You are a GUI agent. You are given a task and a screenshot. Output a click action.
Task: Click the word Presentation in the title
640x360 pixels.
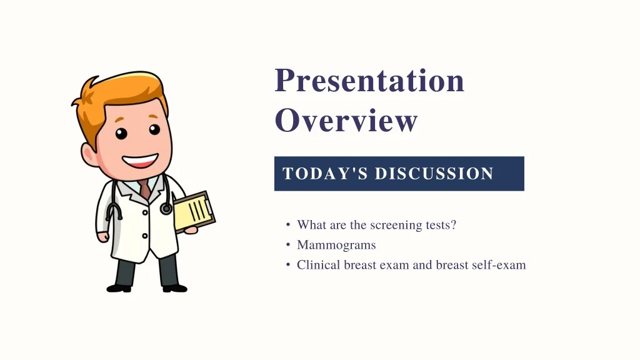point(369,81)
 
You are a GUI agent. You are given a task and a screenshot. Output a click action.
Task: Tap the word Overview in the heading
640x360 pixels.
point(346,120)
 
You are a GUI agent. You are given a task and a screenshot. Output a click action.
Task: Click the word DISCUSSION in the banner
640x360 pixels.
point(434,174)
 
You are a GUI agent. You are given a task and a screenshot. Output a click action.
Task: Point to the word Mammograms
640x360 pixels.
point(336,245)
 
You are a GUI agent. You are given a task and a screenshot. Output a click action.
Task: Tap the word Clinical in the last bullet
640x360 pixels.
point(318,265)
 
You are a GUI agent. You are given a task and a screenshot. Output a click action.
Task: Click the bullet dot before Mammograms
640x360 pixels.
point(288,245)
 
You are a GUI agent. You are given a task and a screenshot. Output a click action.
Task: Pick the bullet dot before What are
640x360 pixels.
point(288,225)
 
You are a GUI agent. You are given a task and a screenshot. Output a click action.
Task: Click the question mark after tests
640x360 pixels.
point(453,224)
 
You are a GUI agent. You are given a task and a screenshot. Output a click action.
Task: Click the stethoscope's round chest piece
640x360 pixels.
point(166,209)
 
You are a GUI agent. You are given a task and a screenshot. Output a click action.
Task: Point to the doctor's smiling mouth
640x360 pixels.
point(140,161)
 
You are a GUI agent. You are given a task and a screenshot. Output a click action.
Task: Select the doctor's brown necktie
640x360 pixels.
point(145,189)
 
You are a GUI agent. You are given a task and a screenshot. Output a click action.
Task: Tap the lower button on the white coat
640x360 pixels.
point(145,236)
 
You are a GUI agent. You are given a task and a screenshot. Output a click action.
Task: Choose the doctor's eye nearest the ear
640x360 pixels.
point(121,134)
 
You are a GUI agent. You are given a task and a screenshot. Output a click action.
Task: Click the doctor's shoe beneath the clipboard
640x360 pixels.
point(175,288)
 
